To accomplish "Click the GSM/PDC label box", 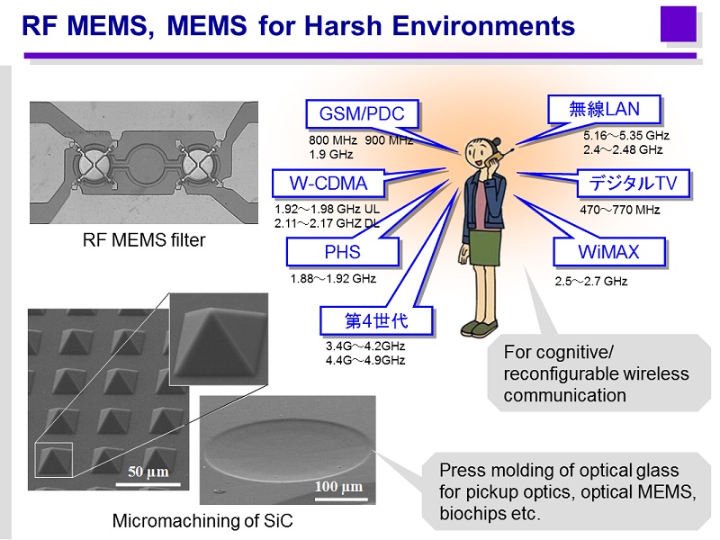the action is click(x=362, y=113).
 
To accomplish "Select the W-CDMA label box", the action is click(x=328, y=184).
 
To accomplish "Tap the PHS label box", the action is click(x=342, y=252).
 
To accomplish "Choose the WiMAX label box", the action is click(x=609, y=252).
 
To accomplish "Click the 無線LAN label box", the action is click(x=604, y=109).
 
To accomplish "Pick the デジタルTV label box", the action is click(x=634, y=184).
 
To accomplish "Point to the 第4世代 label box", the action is click(x=376, y=320).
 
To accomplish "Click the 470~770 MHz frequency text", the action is click(x=619, y=210).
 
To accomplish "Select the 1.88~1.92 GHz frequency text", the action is click(x=333, y=279).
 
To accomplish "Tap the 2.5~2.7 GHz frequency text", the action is click(x=591, y=281).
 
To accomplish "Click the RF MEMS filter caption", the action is click(x=144, y=240).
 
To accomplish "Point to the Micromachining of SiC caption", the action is click(x=202, y=521).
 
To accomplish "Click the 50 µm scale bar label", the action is click(x=148, y=472).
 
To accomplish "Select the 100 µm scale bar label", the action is click(x=338, y=486).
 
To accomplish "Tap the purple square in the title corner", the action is click(x=679, y=24).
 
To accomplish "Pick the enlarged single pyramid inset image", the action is click(x=219, y=339).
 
